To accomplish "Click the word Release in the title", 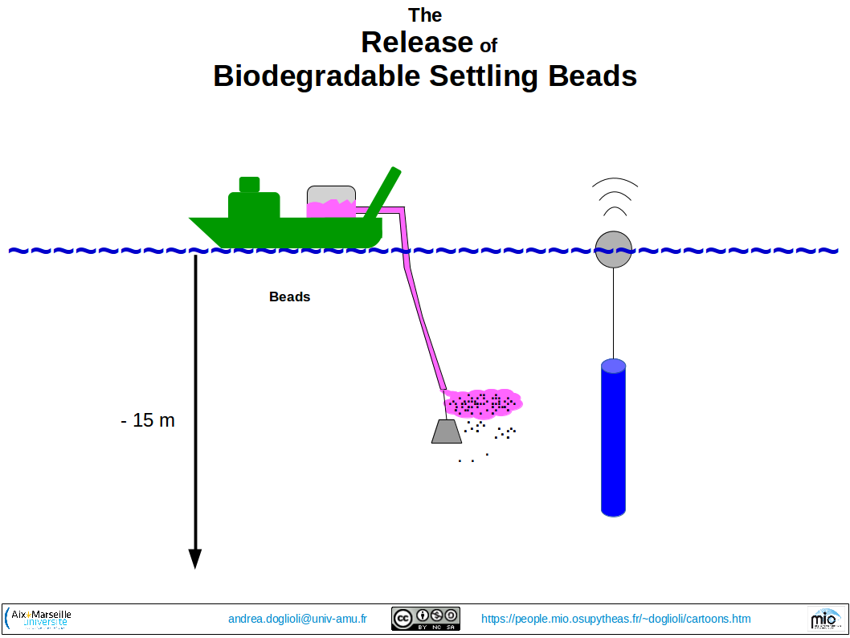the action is (417, 43).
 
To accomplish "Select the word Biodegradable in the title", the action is (317, 76).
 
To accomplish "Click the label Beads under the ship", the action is (289, 297).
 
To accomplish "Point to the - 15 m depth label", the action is (148, 420).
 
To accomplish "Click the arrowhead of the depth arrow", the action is (195, 559).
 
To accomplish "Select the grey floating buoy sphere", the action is (614, 249).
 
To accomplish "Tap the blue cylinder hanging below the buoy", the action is (613, 437).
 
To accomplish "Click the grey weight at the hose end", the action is (447, 431).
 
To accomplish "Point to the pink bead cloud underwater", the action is (483, 403).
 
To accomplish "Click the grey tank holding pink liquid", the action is (331, 202).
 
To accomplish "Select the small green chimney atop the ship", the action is (249, 184).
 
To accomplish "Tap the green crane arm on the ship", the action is (382, 193).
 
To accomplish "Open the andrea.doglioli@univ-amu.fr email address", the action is (297, 619).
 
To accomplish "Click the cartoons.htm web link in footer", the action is (616, 619).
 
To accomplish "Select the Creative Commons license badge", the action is (426, 619).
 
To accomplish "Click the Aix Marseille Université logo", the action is (38, 619).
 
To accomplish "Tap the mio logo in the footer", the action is (825, 619).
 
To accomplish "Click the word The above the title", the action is (425, 15).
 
